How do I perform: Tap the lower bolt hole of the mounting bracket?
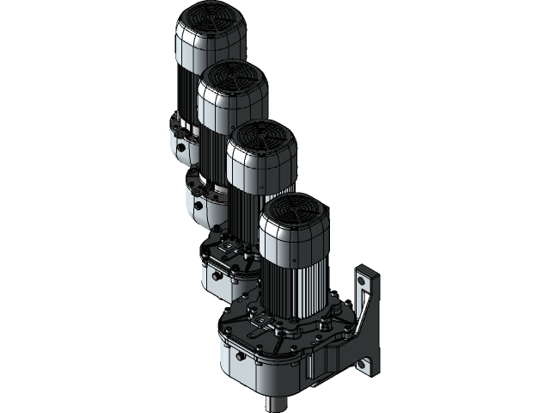click(371, 367)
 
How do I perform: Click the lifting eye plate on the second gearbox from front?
click(228, 249)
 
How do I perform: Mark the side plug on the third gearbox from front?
click(199, 206)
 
